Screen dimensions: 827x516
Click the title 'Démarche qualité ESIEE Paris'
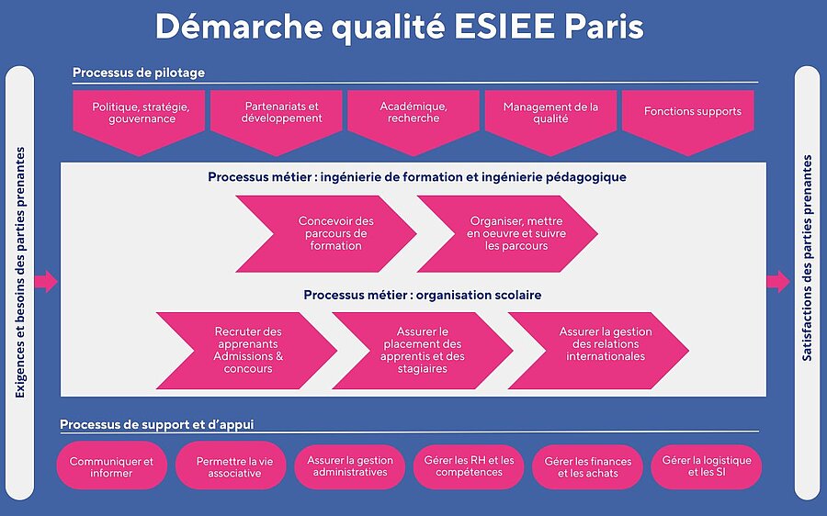point(400,27)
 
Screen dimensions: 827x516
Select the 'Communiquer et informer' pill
point(112,467)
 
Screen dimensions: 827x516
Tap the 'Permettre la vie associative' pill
point(231,467)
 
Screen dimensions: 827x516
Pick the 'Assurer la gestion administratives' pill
point(350,467)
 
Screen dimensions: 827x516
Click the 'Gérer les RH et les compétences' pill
point(469,467)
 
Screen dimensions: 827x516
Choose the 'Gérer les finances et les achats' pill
point(587,467)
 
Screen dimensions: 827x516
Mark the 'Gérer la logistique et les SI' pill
point(707,467)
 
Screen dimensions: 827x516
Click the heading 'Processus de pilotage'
point(139,73)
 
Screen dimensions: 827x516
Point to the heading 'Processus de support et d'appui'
point(156,424)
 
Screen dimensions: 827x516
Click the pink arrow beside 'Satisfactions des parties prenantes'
point(778,282)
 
